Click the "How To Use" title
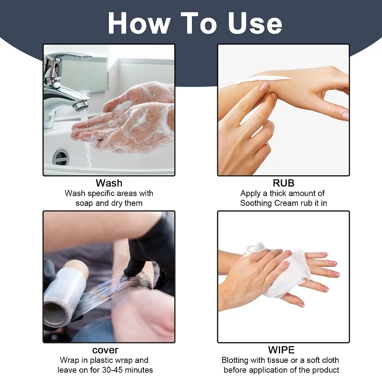point(195,22)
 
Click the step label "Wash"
point(109,183)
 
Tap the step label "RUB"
point(284,183)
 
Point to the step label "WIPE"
point(281,350)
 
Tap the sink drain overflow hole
point(61,157)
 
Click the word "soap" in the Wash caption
point(86,203)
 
